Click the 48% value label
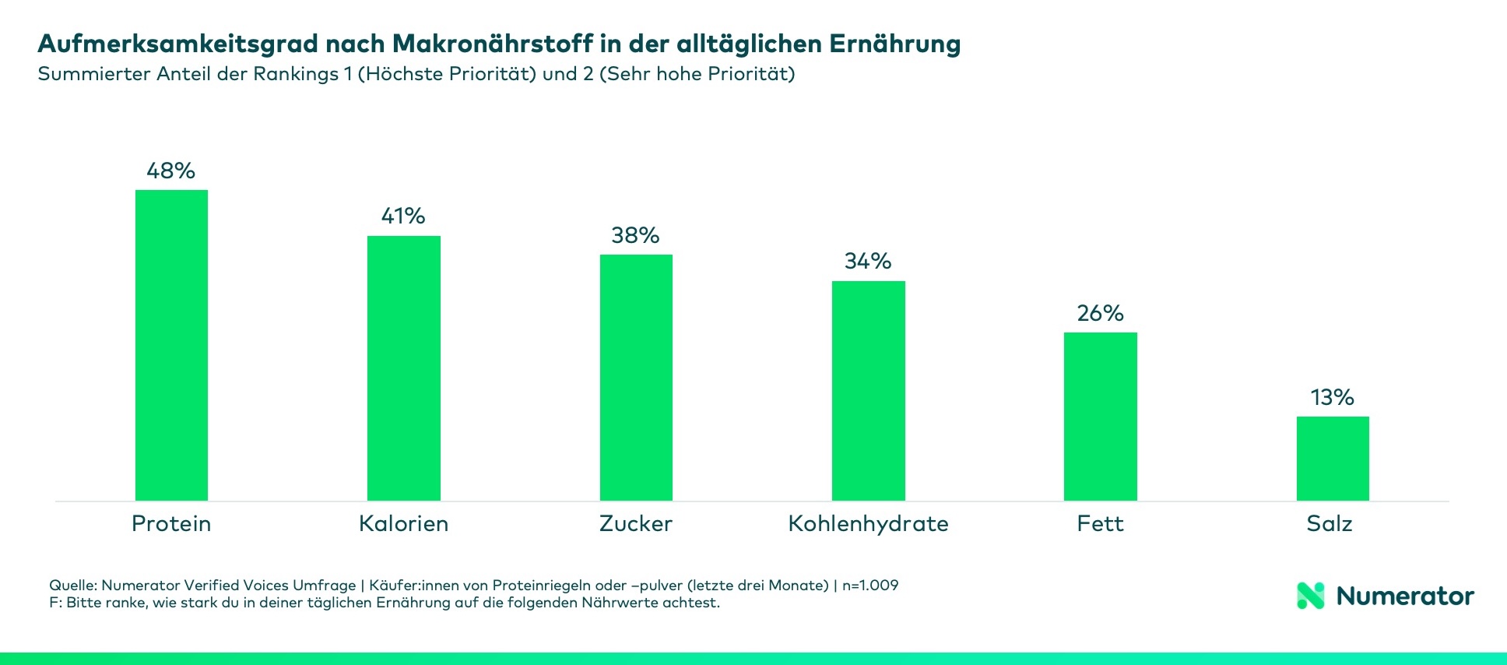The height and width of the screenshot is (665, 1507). point(170,171)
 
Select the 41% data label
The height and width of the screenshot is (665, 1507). point(403,216)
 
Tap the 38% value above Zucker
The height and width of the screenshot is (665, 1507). point(635,235)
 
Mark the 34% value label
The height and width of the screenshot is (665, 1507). point(868,261)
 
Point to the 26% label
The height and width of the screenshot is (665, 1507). point(1100,313)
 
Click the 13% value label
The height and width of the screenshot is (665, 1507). point(1332,397)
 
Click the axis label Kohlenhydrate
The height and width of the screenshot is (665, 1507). point(868,523)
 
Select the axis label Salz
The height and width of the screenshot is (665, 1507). point(1329,523)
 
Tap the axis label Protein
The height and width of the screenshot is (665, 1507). point(171,523)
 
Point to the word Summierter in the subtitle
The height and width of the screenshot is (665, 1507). point(93,74)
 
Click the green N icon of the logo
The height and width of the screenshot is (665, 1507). point(1310,596)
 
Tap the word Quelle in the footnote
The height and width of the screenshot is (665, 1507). point(72,585)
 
